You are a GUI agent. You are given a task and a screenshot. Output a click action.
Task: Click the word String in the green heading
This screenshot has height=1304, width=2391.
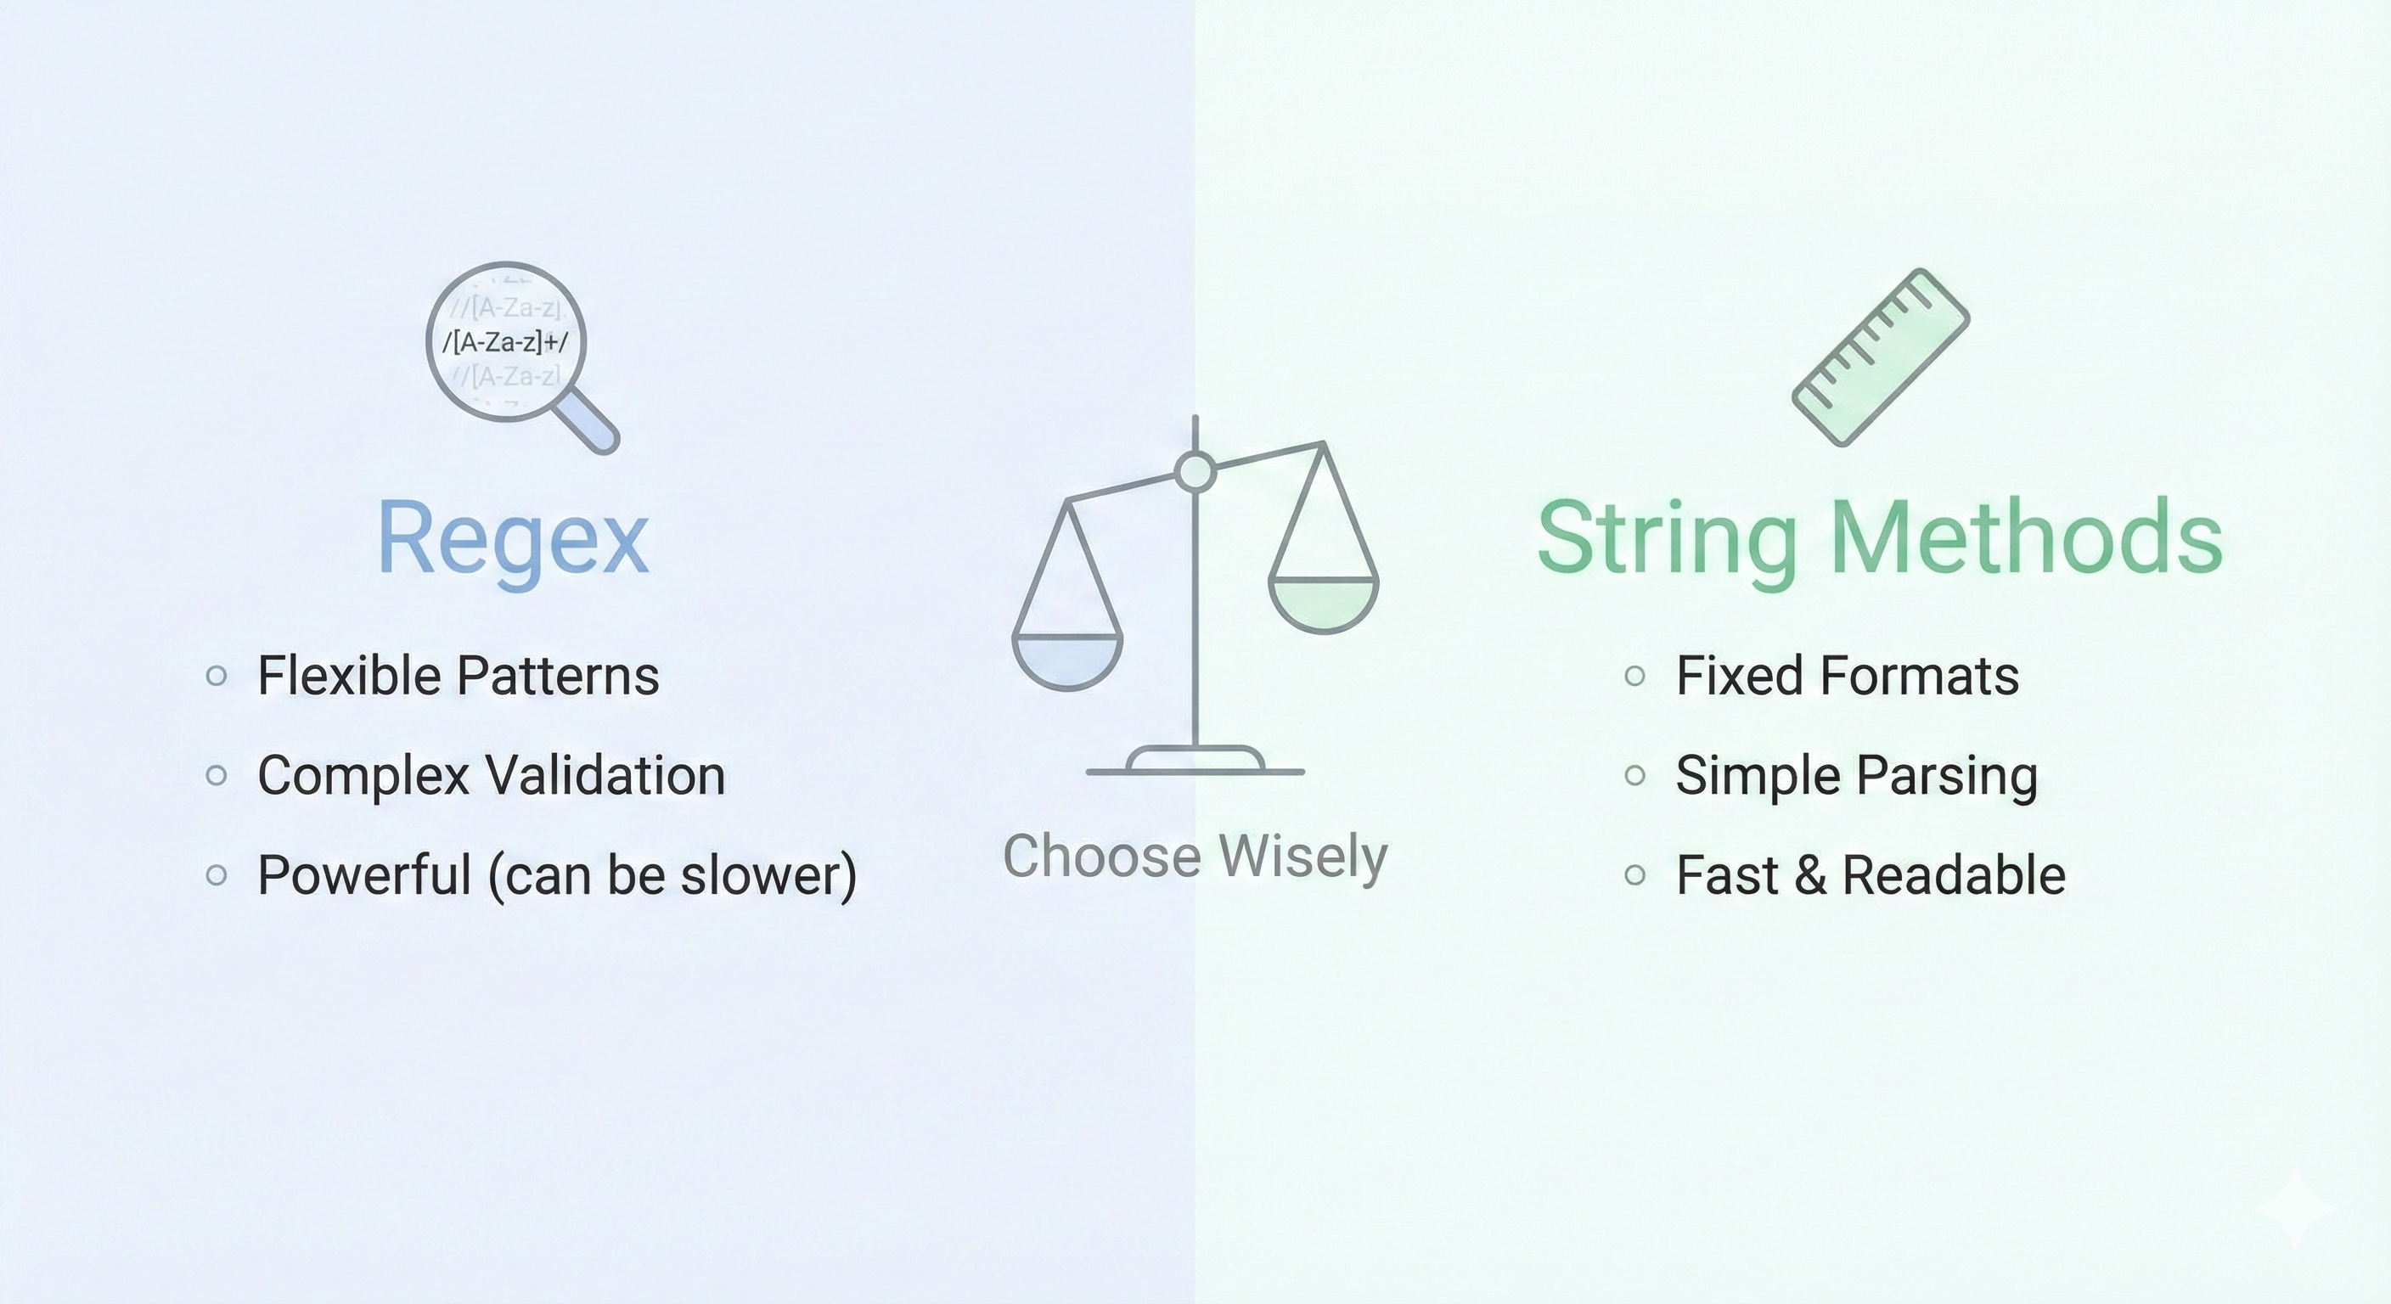pos(1667,539)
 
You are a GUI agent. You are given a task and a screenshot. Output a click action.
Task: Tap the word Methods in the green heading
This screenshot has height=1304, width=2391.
pos(2028,537)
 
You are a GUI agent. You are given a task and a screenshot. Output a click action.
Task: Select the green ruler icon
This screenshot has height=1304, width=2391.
pos(1881,357)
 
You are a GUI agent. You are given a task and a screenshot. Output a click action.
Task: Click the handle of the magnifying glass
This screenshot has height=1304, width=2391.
pos(590,422)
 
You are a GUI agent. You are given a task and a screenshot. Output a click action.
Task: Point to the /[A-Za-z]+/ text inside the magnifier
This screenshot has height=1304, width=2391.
pos(505,342)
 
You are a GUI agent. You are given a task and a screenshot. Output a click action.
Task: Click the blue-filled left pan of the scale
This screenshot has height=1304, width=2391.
pos(1067,660)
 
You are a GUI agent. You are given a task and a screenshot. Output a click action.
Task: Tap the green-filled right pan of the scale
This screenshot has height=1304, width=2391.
pos(1323,604)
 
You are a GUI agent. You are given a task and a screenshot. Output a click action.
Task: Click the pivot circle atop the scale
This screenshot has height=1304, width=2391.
pos(1195,471)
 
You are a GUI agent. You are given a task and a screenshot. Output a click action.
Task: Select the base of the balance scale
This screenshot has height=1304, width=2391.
pos(1195,761)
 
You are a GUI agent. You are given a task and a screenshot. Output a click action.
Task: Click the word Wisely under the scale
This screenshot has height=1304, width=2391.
pos(1302,856)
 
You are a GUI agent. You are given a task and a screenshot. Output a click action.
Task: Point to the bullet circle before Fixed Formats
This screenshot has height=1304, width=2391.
pos(1635,676)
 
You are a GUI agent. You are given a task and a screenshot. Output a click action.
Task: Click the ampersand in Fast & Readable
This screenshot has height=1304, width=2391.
pos(1810,875)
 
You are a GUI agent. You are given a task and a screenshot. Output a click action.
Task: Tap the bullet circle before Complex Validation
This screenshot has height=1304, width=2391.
pos(217,775)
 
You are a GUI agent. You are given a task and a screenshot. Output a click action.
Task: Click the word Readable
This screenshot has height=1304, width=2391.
pos(1954,875)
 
